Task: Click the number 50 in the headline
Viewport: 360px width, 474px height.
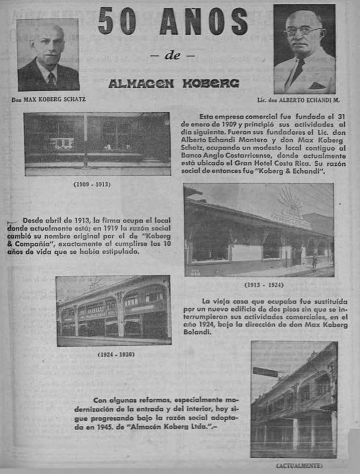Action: (117, 21)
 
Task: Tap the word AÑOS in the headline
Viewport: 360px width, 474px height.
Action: (204, 21)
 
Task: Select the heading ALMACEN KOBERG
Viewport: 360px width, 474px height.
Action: (174, 83)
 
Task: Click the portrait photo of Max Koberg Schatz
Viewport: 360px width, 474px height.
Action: (48, 55)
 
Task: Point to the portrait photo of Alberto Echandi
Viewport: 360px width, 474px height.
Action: (304, 49)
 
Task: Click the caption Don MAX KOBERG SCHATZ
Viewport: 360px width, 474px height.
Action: (48, 99)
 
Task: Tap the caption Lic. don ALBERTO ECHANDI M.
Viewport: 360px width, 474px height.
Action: (298, 100)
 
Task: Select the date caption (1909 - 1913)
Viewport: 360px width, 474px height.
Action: (92, 184)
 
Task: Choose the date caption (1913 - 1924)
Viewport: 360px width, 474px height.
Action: (264, 285)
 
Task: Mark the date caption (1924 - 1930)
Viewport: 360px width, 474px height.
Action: (116, 354)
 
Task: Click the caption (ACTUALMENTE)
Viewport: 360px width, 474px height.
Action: (299, 466)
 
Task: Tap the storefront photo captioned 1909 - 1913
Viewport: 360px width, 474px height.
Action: (97, 144)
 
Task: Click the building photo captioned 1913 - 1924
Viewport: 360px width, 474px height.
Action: (259, 230)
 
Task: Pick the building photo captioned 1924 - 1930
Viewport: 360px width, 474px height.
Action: (114, 311)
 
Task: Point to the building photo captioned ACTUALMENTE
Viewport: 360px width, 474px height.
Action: (294, 399)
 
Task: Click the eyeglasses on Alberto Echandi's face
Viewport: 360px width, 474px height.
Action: (302, 31)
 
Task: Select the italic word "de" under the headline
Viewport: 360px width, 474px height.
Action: (172, 55)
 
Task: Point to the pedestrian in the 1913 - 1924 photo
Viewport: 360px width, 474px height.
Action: (314, 261)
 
